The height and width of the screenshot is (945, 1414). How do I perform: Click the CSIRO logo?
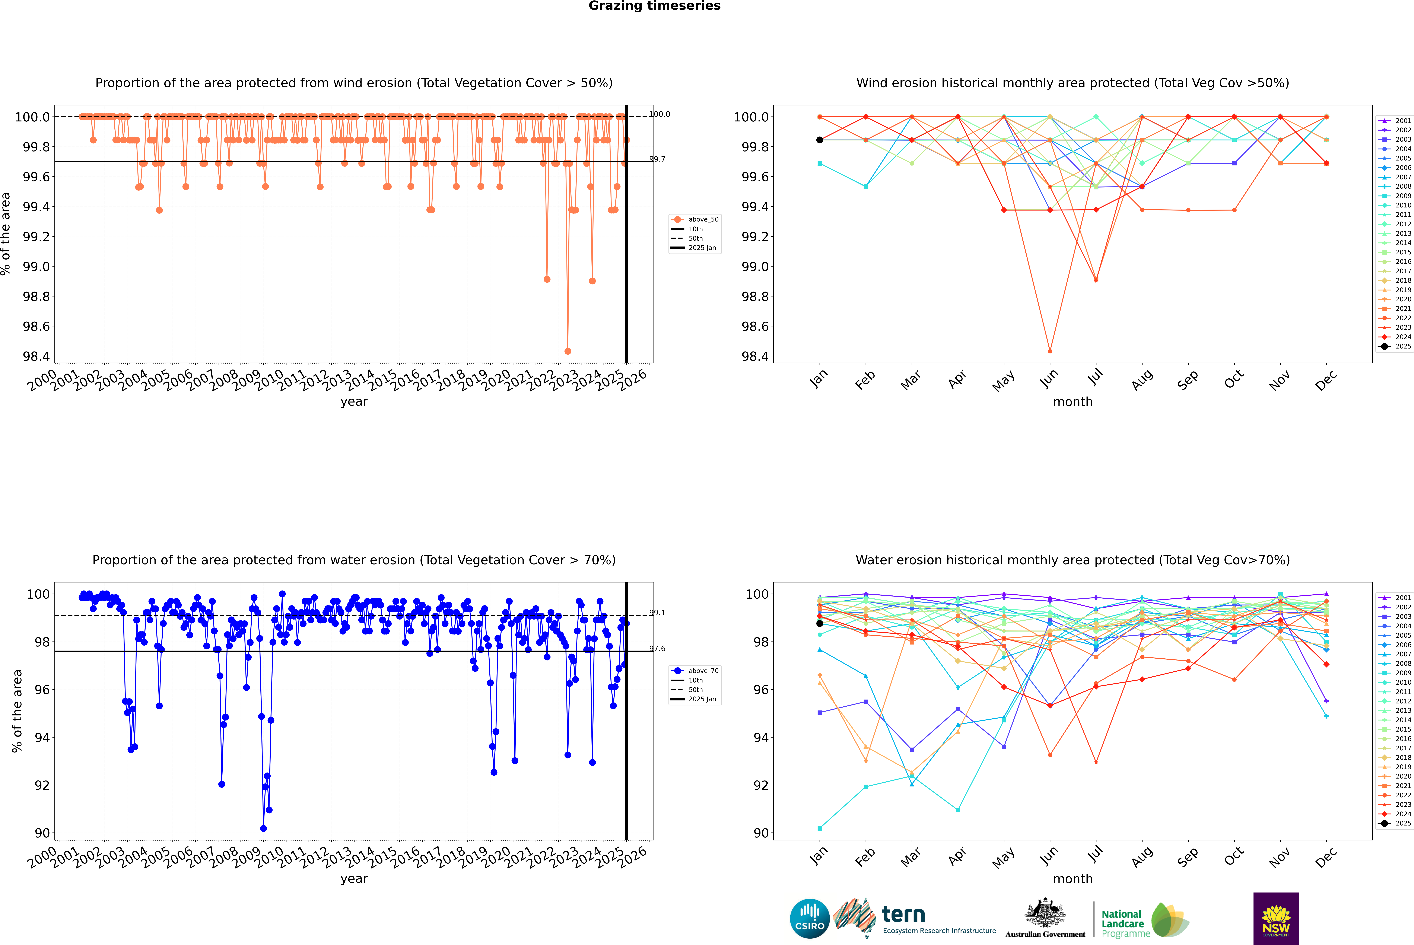point(810,919)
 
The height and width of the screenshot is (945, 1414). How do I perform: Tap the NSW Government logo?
point(1276,919)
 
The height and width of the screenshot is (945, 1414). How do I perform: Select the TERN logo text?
point(903,915)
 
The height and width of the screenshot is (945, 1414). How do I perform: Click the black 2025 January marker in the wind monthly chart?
point(820,140)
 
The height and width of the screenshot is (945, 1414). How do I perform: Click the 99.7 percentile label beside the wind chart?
point(657,159)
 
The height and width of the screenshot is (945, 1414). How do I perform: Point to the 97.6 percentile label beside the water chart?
point(657,649)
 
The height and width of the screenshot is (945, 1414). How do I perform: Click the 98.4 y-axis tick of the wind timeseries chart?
point(36,356)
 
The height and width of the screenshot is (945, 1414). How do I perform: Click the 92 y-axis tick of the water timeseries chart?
point(42,785)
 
